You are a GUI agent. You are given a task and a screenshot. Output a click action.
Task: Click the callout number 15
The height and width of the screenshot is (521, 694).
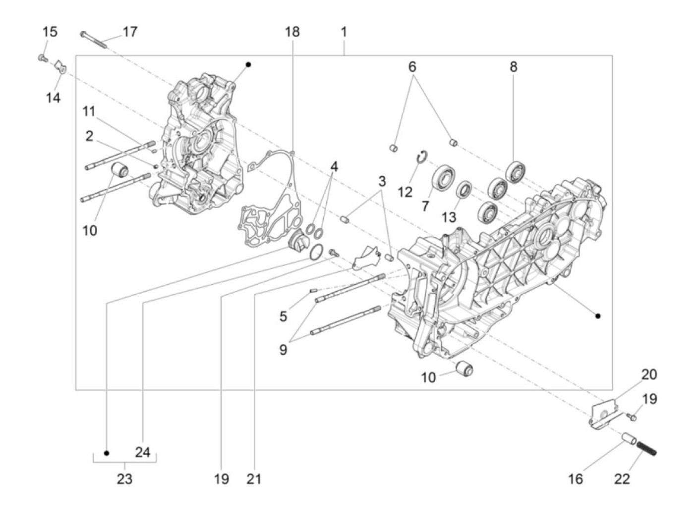pyautogui.click(x=50, y=32)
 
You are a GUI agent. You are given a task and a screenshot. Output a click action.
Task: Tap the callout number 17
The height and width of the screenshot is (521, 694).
pyautogui.click(x=129, y=32)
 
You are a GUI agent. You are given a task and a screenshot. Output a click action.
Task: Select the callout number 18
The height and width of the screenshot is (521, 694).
pyautogui.click(x=292, y=32)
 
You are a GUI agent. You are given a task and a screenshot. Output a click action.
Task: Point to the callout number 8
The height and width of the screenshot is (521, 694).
pyautogui.click(x=513, y=66)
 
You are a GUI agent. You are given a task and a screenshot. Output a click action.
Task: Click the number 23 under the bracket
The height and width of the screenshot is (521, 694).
pyautogui.click(x=124, y=479)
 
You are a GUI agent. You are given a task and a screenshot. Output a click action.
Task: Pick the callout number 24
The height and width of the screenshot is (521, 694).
pyautogui.click(x=142, y=452)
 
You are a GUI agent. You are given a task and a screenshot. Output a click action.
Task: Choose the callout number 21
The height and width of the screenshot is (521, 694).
pyautogui.click(x=254, y=479)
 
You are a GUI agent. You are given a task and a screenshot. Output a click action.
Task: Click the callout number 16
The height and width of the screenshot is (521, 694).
pyautogui.click(x=575, y=479)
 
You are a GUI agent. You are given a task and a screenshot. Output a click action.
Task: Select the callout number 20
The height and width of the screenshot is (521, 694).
pyautogui.click(x=648, y=375)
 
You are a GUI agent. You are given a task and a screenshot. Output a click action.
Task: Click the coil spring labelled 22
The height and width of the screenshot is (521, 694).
pyautogui.click(x=646, y=448)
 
